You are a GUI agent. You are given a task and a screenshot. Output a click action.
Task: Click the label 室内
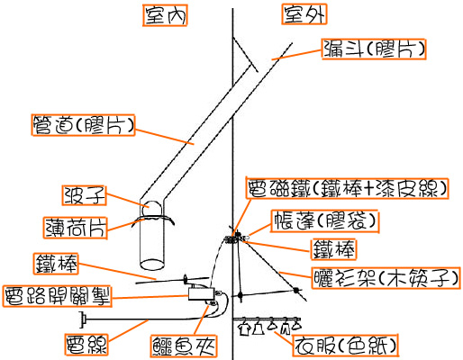coord(165,15)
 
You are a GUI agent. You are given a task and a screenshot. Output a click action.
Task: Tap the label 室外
coord(304,14)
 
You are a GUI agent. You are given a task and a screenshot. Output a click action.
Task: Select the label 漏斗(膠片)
coord(374,49)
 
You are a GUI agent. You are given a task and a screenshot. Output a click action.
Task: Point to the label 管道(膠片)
coord(83,125)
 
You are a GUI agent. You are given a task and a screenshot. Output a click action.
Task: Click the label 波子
coord(85,195)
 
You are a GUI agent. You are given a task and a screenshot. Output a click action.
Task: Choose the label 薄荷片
coord(76,228)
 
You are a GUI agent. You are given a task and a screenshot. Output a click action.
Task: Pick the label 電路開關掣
coord(57,296)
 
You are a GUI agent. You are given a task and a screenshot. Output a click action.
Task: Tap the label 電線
coord(86,345)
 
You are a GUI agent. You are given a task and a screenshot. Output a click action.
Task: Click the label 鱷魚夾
coord(184,346)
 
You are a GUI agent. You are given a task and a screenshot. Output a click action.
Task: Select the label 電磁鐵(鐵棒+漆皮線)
coord(347,189)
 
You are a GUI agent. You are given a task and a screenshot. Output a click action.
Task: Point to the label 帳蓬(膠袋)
coord(324,221)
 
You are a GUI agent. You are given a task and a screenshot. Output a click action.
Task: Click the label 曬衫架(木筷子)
coord(386,278)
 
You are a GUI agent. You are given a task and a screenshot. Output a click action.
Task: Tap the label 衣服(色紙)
coord(345,346)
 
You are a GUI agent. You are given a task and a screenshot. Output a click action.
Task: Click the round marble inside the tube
coord(152,209)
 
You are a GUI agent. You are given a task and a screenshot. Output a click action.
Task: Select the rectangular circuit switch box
coord(201,294)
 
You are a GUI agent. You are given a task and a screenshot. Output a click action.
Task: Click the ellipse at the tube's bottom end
coord(152,265)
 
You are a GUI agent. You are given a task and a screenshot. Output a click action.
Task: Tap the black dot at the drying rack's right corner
coord(296,291)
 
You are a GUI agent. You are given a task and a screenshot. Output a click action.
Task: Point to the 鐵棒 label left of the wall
coord(56,264)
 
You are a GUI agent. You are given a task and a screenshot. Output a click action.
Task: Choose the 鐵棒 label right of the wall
coord(333,249)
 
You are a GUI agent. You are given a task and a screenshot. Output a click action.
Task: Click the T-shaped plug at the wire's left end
coord(83,319)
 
